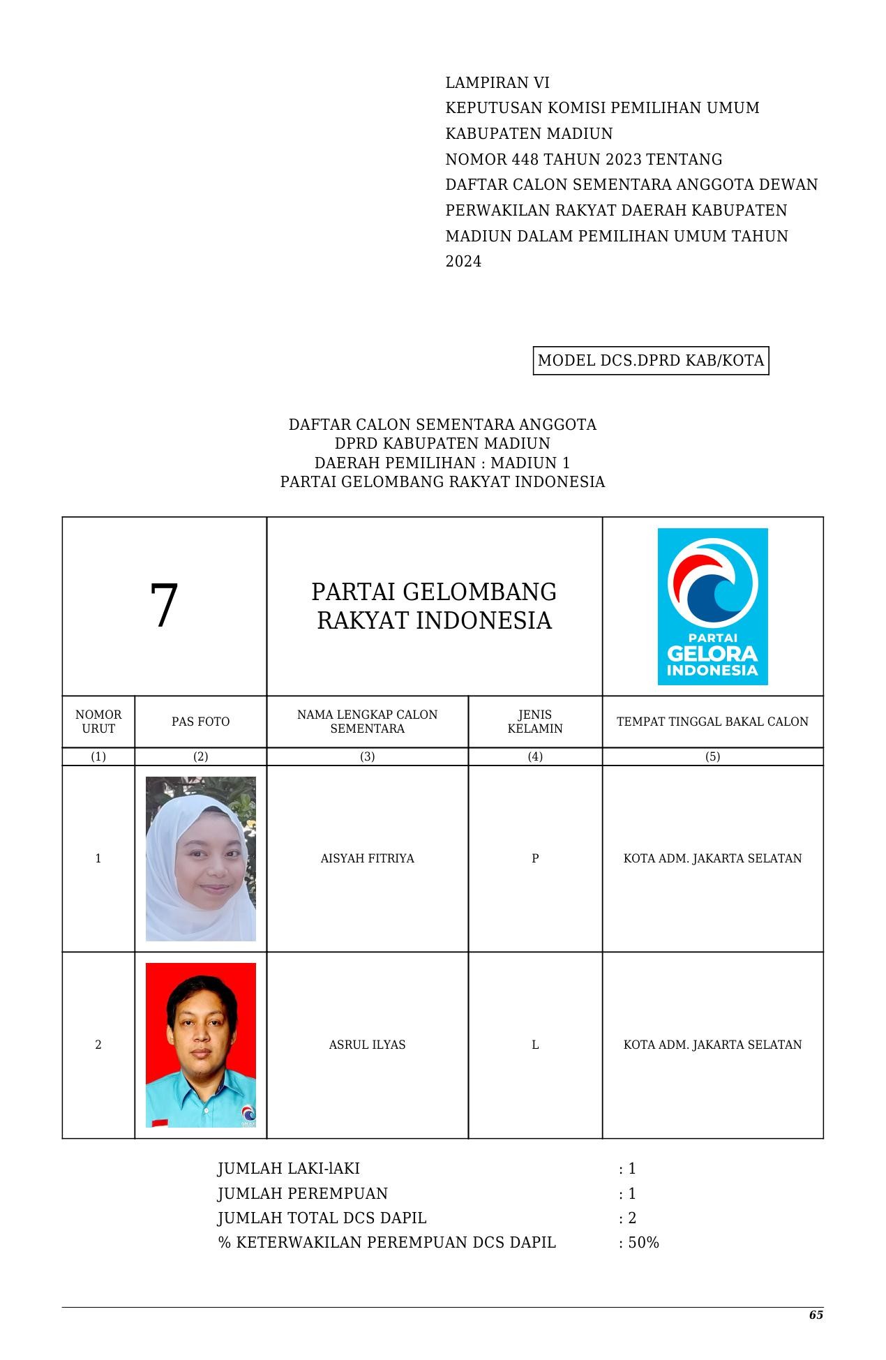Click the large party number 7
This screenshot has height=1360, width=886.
pos(164,605)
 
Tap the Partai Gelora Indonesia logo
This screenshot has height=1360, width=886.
pos(712,606)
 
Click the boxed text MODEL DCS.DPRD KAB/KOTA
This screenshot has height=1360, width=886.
pos(650,361)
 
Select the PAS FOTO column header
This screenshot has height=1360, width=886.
pos(200,722)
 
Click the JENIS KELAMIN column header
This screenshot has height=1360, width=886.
pos(534,722)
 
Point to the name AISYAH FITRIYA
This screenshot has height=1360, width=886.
pos(367,858)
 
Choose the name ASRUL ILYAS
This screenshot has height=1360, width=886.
pos(367,1045)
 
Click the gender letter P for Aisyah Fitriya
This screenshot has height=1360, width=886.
pos(535,858)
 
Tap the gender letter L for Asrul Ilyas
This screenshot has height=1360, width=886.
pos(535,1045)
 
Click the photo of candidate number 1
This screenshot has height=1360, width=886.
pos(200,858)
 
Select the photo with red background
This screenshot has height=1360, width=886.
pos(200,1045)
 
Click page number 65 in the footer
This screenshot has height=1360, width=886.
pos(816,1315)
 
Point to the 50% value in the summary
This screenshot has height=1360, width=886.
pos(643,1242)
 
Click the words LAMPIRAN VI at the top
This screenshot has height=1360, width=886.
pos(497,83)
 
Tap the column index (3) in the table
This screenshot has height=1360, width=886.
pos(367,756)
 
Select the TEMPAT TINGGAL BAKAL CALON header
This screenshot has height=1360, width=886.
pos(712,722)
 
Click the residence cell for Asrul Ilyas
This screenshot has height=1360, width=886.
pos(712,1045)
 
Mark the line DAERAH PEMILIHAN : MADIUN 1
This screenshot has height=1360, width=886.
pos(442,463)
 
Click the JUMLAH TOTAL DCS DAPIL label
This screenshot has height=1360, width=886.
pos(322,1218)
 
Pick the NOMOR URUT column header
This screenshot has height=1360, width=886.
pos(98,722)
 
